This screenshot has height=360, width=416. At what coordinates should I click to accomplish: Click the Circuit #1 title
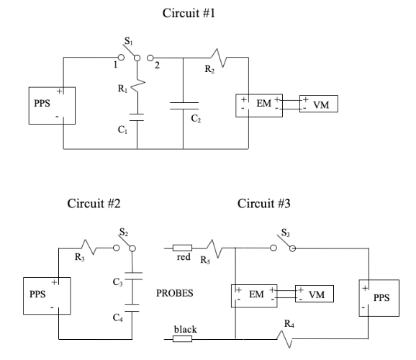pyautogui.click(x=189, y=13)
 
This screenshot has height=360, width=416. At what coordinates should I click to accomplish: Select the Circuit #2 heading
pyautogui.click(x=94, y=204)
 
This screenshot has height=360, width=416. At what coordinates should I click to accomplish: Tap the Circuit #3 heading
pyautogui.click(x=263, y=204)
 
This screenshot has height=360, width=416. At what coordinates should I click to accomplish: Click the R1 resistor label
pyautogui.click(x=122, y=89)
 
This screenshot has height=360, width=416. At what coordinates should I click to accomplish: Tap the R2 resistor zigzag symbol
pyautogui.click(x=219, y=58)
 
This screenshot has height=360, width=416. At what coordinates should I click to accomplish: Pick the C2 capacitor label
pyautogui.click(x=196, y=118)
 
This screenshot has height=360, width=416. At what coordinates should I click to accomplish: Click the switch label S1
pyautogui.click(x=129, y=41)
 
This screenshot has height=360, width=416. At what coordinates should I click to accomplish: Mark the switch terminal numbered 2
pyautogui.click(x=150, y=58)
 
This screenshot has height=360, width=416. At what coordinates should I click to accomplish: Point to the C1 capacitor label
pyautogui.click(x=122, y=130)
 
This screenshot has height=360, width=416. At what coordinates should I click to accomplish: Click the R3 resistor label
pyautogui.click(x=80, y=257)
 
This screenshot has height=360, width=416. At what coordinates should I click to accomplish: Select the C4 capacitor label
pyautogui.click(x=117, y=318)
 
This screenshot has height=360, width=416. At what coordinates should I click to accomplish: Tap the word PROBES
pyautogui.click(x=175, y=293)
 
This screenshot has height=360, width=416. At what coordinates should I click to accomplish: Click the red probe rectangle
pyautogui.click(x=182, y=248)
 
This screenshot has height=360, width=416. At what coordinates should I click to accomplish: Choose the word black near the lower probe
pyautogui.click(x=186, y=329)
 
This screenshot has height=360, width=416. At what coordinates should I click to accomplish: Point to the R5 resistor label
pyautogui.click(x=205, y=260)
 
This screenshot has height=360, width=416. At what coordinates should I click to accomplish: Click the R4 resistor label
pyautogui.click(x=289, y=323)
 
